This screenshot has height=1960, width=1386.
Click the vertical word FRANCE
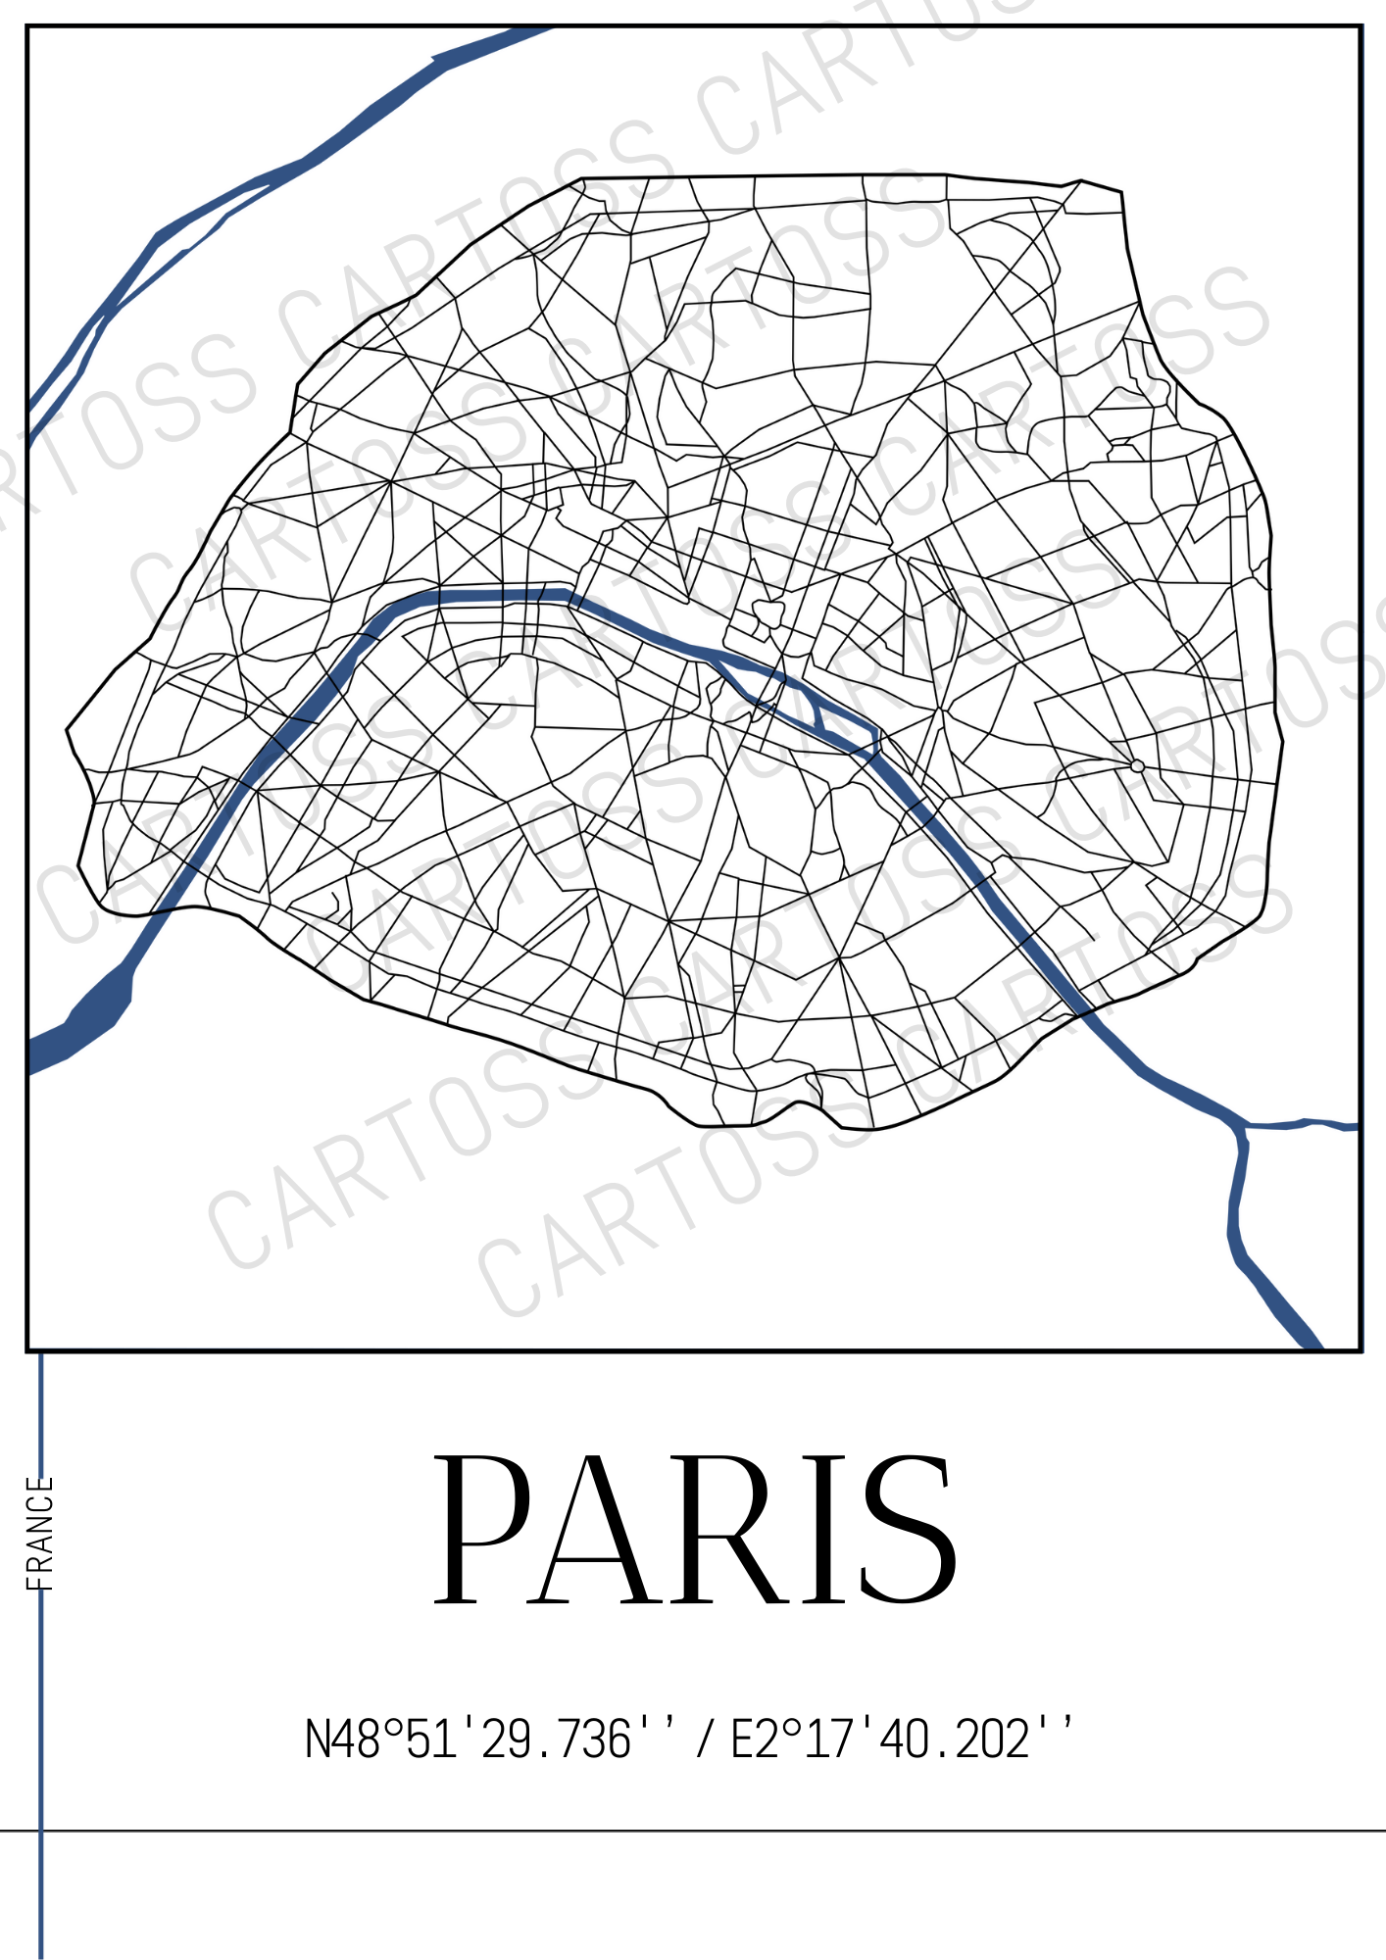coord(39,1534)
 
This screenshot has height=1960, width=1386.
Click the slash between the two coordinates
coord(704,1740)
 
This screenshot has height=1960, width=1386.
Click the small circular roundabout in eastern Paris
coord(1137,765)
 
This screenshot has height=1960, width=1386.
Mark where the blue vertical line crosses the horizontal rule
coord(41,1830)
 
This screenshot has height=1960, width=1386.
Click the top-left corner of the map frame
coord(27,26)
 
